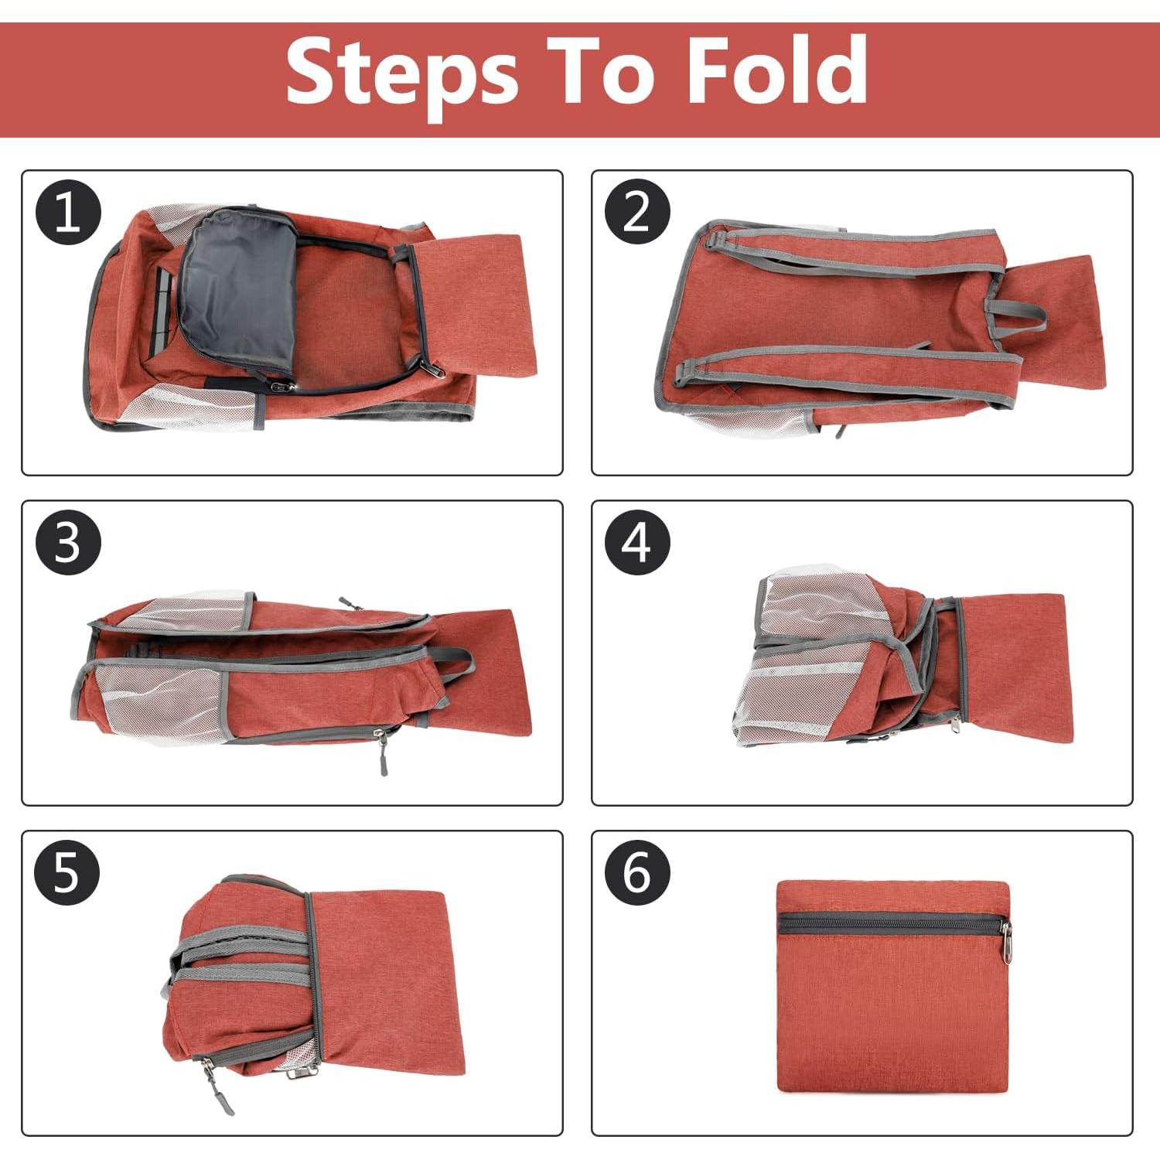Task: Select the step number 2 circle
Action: click(636, 212)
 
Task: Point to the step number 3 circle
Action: click(68, 542)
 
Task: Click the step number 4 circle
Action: click(636, 542)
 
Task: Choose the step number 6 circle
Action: click(636, 872)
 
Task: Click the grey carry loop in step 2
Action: click(1017, 314)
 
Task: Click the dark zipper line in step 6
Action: click(889, 923)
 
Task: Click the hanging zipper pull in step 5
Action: click(212, 1087)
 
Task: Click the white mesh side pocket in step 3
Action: click(159, 700)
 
